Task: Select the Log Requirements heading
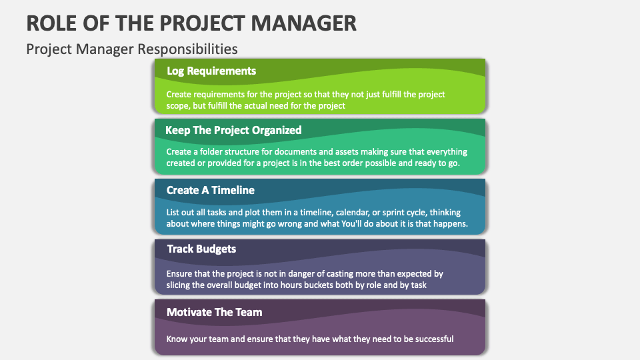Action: point(211,71)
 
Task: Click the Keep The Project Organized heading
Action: point(233,130)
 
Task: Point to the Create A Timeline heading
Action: point(211,190)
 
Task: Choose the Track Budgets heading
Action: point(201,249)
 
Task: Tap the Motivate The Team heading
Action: point(214,312)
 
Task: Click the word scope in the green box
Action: point(179,105)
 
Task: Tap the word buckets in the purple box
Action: point(325,285)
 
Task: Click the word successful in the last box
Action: point(431,339)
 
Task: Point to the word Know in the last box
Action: point(178,339)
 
